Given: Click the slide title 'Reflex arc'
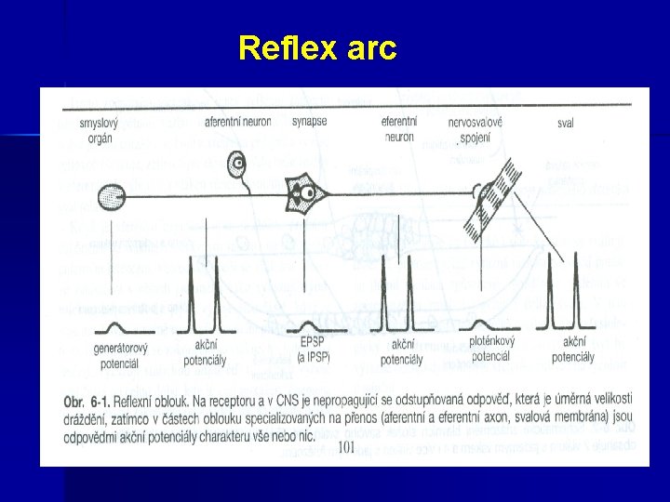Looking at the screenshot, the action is point(317,47).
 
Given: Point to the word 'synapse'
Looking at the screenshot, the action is point(308,122).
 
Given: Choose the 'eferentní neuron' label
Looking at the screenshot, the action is point(397,129).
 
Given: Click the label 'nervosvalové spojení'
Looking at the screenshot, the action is point(475,129).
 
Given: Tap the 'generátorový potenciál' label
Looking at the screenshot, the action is point(117,357).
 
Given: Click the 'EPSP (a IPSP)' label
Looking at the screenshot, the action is point(314,352).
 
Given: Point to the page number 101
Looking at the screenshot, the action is point(345,447).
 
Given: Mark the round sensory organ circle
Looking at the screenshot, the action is point(110,199).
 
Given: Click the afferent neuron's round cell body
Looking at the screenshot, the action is point(238,165).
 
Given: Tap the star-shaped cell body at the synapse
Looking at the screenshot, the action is point(303,193).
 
